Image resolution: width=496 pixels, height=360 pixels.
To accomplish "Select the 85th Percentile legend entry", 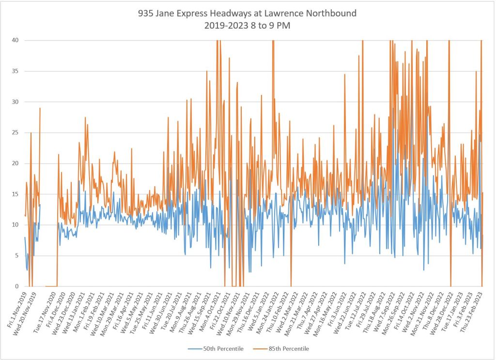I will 289,348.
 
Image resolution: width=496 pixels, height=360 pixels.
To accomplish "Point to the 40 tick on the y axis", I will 15,40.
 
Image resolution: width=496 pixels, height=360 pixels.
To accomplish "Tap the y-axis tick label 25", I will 15,132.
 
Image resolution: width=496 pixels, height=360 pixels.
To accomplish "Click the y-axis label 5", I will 17,255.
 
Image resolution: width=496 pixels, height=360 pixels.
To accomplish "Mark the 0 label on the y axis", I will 17,286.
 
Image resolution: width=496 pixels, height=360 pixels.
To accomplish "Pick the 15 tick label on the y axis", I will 15,194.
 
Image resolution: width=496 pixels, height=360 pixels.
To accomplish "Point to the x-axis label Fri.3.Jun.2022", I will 335,308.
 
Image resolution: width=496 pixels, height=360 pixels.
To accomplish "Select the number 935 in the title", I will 146,14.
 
